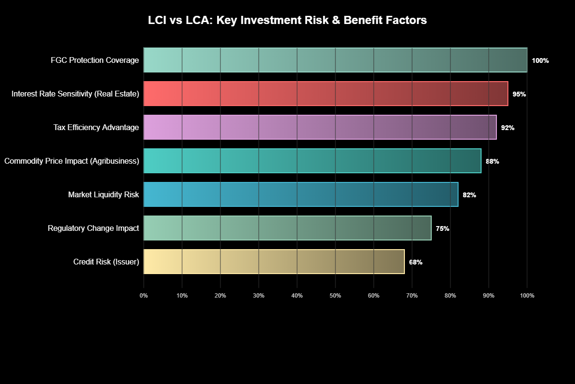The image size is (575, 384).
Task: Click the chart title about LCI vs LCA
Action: coord(287,21)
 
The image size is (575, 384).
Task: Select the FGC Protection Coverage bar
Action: coord(335,60)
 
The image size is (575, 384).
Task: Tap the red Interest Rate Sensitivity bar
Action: coord(326,94)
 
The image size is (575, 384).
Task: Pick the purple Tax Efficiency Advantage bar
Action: coord(320,127)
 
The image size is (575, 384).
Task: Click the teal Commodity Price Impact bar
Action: coord(312,161)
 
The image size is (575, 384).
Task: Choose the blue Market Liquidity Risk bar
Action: coord(301,194)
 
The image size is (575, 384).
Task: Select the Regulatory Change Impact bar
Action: coord(287,228)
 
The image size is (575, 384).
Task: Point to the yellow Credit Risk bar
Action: coord(274,262)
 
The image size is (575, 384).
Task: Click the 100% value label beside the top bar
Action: coord(540,60)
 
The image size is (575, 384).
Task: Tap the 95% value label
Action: coord(519,94)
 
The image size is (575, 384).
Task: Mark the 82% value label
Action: coord(469,195)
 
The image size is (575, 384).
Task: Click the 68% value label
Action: coord(415,262)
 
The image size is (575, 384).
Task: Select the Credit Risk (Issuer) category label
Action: coord(106,262)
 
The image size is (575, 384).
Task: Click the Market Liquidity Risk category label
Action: coord(103,194)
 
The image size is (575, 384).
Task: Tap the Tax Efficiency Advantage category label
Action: coord(96,127)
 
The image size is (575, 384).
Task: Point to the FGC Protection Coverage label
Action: coord(95,60)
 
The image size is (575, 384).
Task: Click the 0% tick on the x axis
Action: coord(144,296)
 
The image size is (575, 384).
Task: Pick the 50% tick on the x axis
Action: coord(335,296)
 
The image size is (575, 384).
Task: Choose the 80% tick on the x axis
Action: coord(450,296)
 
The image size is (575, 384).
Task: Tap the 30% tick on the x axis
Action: coord(259,296)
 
